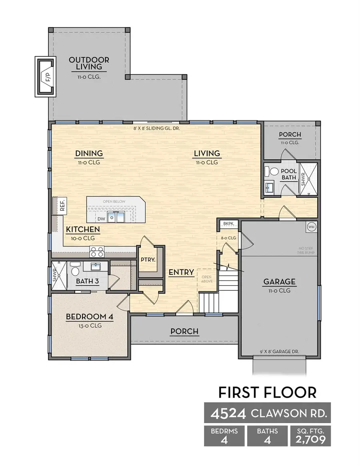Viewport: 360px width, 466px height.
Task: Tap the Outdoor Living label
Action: tap(89, 64)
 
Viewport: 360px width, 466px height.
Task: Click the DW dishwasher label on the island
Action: tap(101, 219)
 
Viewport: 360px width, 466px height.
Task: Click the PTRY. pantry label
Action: tap(148, 260)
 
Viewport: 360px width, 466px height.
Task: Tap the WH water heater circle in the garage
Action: tap(311, 227)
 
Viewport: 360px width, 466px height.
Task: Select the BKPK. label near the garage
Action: tap(228, 224)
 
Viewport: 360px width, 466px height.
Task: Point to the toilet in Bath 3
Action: tap(75, 272)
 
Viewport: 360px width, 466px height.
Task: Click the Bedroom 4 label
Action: tap(90, 317)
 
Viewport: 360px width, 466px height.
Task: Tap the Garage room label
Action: tap(279, 282)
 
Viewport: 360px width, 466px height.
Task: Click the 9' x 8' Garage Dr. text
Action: tap(280, 352)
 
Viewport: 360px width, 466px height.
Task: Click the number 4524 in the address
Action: tap(225, 413)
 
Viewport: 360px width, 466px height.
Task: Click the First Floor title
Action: tap(267, 392)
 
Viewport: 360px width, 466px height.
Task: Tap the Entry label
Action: tap(181, 272)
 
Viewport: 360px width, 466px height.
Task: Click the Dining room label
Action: tap(89, 153)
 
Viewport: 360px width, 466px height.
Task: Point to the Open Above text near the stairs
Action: tap(207, 279)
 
